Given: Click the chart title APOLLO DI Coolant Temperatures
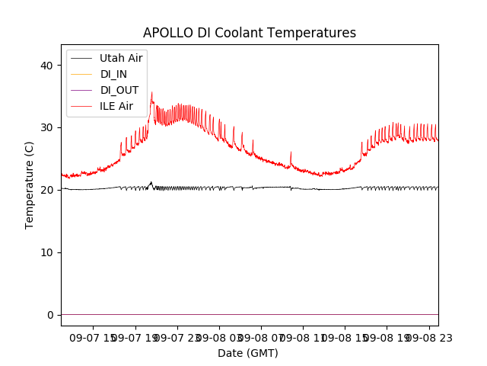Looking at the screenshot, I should [x=250, y=33].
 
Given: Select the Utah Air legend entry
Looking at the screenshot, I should [x=121, y=57].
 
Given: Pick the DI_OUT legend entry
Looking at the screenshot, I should [x=119, y=90].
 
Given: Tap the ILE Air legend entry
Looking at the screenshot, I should [x=116, y=106].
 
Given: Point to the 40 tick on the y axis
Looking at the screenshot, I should [x=46, y=66].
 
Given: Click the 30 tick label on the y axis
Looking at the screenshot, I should [x=46, y=127].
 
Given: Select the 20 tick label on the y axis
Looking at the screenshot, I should [x=46, y=190].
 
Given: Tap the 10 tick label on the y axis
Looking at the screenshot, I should [x=46, y=252].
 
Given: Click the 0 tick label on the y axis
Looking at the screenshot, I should [x=49, y=315].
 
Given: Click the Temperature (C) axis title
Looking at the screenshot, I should [x=30, y=185].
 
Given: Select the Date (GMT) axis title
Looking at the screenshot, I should [x=248, y=353].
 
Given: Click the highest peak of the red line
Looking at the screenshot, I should [x=151, y=93].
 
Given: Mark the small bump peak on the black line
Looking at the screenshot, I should [x=151, y=182].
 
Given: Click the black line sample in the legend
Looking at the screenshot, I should [x=81, y=57].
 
